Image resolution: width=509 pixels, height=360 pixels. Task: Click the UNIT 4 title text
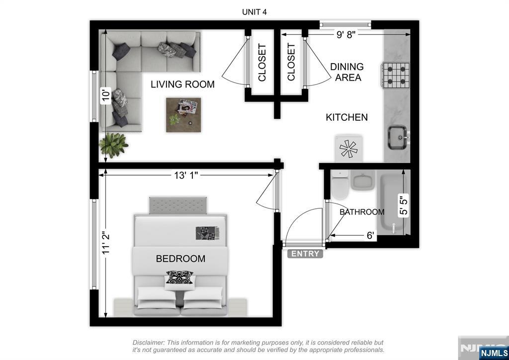pos(254,12)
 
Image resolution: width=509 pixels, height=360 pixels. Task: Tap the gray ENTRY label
pos(305,254)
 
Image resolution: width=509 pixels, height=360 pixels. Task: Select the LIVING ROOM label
pos(182,85)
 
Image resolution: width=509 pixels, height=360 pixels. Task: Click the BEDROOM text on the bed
pos(180,259)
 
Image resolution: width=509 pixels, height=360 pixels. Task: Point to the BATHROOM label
pos(362,212)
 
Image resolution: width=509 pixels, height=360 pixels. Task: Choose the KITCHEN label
pos(346,117)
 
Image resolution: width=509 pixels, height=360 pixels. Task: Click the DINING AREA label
pos(347,72)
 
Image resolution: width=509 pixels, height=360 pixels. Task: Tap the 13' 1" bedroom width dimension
pos(186,176)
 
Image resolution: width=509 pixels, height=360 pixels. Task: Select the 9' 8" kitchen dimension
pos(346,34)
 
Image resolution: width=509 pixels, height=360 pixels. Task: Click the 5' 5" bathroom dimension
pos(403,205)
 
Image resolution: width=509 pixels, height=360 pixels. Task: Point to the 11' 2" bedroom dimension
pos(106,243)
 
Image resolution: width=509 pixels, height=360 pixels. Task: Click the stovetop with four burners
pos(396,75)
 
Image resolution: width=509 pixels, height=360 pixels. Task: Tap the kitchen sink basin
pos(398,137)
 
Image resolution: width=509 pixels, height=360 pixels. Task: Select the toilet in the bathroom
pos(340,184)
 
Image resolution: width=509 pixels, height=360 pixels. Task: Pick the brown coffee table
pos(183,115)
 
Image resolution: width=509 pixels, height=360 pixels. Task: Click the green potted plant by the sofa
pos(113,145)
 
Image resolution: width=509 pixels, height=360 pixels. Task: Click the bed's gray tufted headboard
pos(178,205)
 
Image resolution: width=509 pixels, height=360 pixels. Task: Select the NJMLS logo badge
pos(494,353)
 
